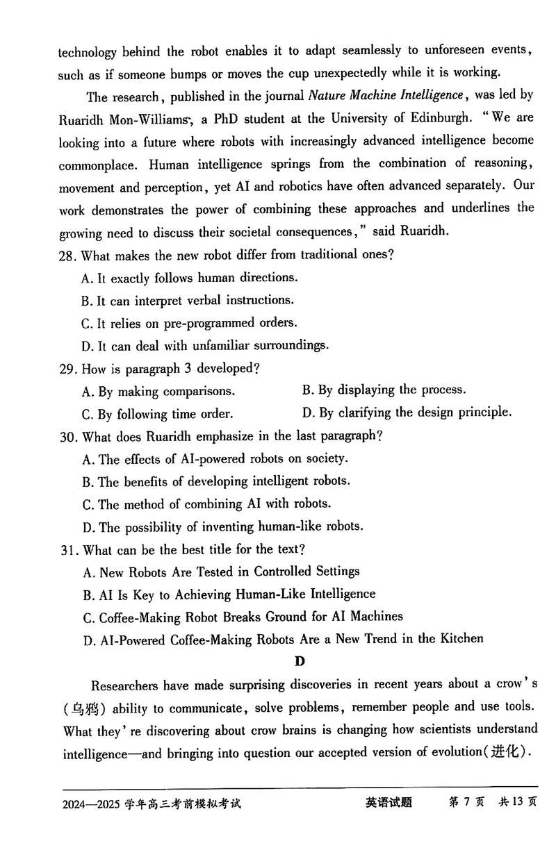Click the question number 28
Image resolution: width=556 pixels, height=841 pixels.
tap(67, 255)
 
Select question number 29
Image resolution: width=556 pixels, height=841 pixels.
tap(67, 368)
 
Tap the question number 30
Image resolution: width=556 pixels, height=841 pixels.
tap(67, 436)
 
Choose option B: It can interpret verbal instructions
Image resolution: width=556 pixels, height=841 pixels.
tap(187, 300)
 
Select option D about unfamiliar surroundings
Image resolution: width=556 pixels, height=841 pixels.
tap(205, 345)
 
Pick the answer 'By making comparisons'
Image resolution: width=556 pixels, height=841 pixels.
tap(158, 392)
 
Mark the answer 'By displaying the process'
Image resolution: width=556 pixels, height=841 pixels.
tap(384, 390)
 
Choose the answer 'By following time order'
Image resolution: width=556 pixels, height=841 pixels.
tap(157, 415)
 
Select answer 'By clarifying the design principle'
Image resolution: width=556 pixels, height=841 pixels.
tap(407, 413)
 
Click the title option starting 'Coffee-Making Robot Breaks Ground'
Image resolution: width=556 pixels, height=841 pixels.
tap(242, 617)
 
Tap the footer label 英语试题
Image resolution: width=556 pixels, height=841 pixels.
tap(389, 803)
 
